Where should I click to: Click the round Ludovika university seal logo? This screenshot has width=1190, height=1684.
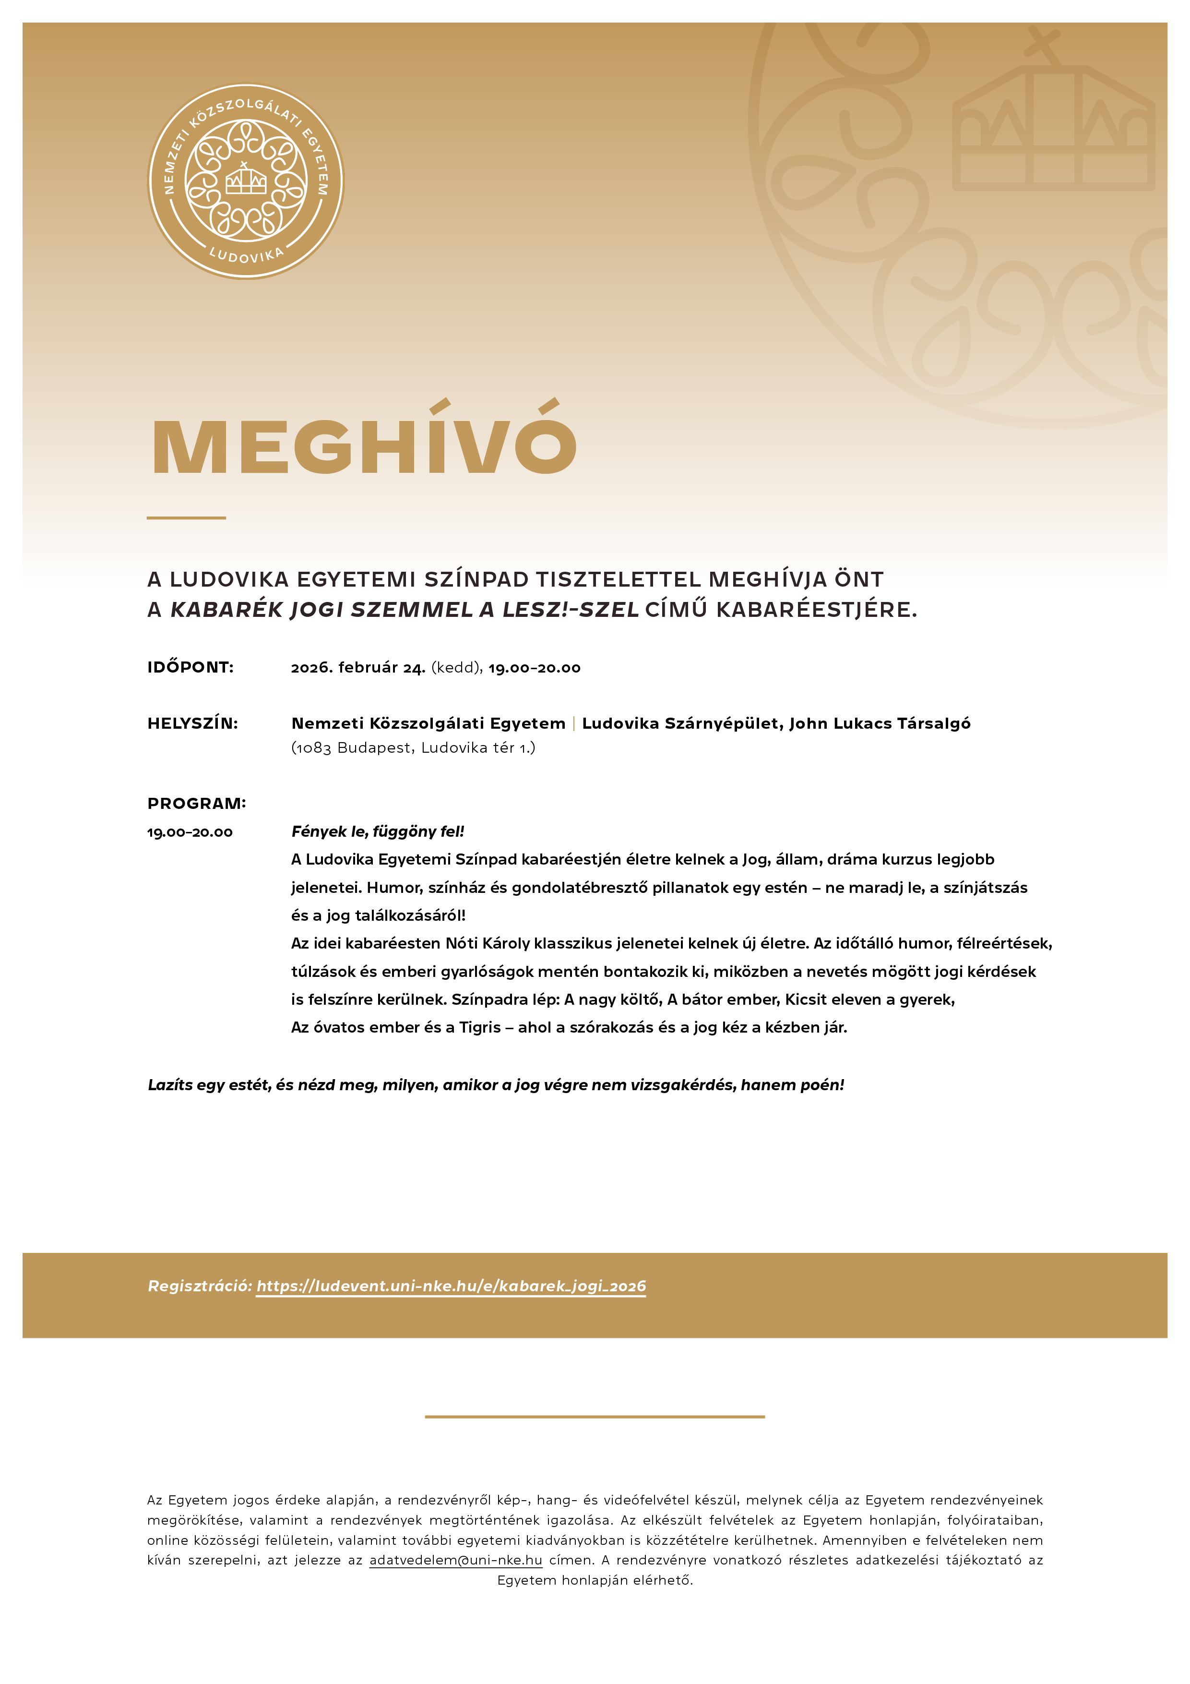pos(246,181)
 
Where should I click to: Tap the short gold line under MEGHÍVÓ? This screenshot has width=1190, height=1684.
pos(186,518)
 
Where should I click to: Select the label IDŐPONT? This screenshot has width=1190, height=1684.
pos(190,667)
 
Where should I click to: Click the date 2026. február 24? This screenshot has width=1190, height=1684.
pos(358,667)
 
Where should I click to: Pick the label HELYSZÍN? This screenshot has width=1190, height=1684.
pos(193,723)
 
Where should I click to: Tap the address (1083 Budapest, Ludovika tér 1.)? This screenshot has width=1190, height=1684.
pos(413,747)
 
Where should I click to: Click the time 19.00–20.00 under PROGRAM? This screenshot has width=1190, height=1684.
pos(190,832)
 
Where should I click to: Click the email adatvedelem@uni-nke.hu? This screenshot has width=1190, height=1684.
pos(455,1560)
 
